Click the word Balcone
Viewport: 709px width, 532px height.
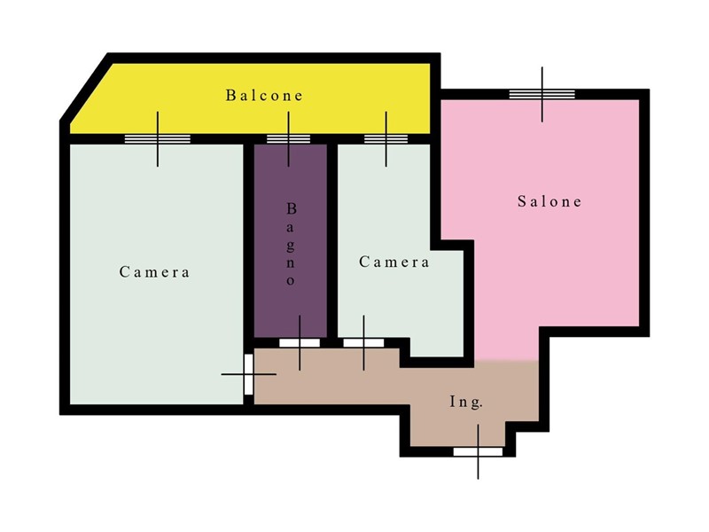click(264, 95)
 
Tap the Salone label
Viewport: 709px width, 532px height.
click(549, 201)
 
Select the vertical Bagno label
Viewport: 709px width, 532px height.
click(291, 245)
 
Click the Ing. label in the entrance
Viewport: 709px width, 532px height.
click(466, 402)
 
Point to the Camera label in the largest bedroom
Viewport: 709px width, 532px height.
click(154, 272)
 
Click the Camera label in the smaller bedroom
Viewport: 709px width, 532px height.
click(393, 262)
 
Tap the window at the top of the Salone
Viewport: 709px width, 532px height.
click(542, 94)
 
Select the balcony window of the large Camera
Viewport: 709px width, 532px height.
click(158, 139)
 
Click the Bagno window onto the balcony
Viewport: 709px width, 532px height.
click(289, 139)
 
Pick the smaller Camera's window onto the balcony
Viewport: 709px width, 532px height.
click(386, 139)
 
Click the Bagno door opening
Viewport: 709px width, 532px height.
click(300, 343)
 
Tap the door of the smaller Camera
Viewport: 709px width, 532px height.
click(363, 343)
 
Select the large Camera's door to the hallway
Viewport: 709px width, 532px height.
click(249, 374)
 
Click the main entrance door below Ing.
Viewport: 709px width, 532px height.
click(478, 451)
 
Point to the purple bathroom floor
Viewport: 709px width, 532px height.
click(291, 308)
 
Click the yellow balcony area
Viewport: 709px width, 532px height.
click(253, 113)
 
